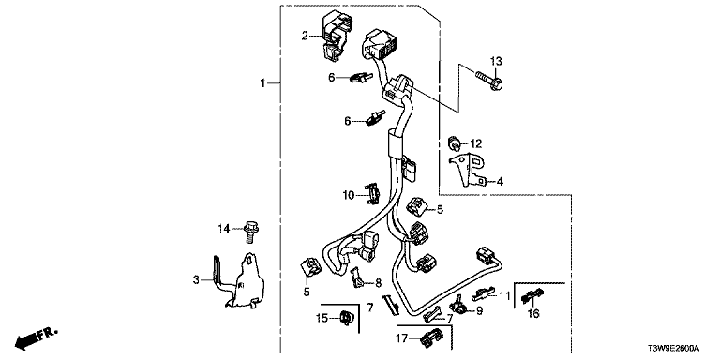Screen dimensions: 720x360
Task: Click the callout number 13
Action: [495, 61]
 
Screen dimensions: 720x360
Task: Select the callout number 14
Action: [224, 228]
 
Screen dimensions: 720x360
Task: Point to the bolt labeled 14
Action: [250, 232]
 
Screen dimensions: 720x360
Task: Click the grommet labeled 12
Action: [454, 142]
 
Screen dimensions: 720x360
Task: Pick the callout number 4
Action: [500, 182]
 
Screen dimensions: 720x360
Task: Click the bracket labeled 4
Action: [468, 168]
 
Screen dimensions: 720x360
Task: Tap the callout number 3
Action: [196, 279]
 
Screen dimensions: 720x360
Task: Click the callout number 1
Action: [263, 83]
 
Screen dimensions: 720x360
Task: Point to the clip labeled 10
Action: [372, 193]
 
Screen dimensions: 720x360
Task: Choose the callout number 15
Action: [322, 317]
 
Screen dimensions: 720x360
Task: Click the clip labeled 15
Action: [345, 318]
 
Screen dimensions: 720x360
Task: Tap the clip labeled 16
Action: [532, 297]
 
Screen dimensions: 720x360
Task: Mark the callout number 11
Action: [505, 295]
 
